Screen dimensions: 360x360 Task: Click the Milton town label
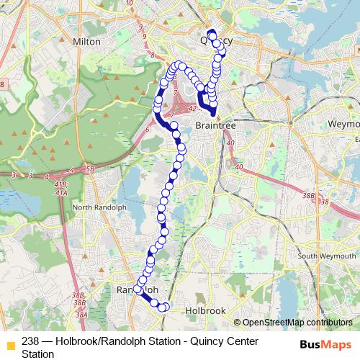click(87, 42)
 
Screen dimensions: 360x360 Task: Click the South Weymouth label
click(328, 256)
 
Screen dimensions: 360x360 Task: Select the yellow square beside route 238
click(10, 343)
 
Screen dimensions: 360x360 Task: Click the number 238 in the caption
click(30, 341)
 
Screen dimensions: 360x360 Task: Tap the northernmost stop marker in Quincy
click(211, 33)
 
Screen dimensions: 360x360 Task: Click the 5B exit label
click(90, 170)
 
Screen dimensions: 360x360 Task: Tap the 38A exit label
click(81, 314)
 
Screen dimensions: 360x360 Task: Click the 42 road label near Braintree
click(192, 109)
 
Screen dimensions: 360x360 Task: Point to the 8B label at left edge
click(2, 85)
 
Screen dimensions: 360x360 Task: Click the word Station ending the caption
click(37, 354)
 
